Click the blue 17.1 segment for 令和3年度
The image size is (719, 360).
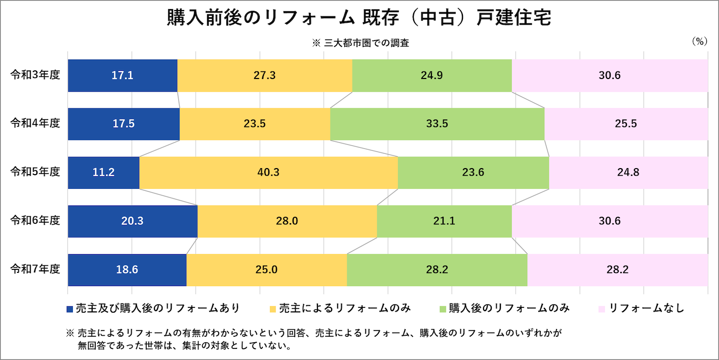[x=123, y=75]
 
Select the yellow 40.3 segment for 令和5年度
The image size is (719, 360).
[x=269, y=173]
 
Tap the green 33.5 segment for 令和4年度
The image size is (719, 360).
[x=437, y=124]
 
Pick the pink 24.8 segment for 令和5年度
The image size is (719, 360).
[x=628, y=173]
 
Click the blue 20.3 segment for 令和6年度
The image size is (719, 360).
[x=133, y=221]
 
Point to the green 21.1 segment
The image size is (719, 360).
[x=444, y=221]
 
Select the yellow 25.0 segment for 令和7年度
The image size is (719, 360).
[x=267, y=270]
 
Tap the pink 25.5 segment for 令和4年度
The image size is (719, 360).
[x=626, y=124]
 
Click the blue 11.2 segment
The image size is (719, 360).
[x=104, y=173]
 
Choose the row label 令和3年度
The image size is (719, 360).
[x=35, y=75]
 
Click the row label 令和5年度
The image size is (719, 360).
[x=35, y=172]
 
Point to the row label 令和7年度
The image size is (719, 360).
[x=35, y=269]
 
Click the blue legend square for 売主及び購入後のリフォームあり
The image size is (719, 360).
[x=70, y=309]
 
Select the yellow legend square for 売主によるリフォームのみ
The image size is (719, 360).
[x=273, y=309]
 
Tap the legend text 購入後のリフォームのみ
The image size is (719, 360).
[x=509, y=308]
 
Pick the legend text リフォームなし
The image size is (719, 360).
[x=647, y=308]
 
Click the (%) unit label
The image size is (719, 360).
[x=699, y=42]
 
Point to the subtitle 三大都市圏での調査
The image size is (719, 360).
[x=367, y=43]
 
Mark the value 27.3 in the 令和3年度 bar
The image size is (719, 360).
[x=264, y=75]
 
